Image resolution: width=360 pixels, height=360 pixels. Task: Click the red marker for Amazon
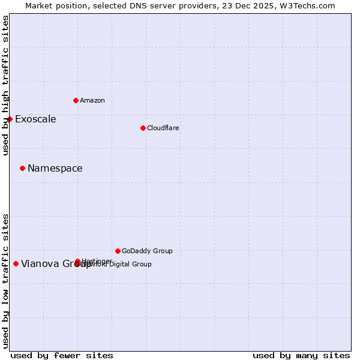click(x=76, y=100)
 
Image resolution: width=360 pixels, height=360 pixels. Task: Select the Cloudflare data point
click(x=143, y=128)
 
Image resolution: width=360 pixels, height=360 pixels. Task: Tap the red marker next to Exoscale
click(x=10, y=119)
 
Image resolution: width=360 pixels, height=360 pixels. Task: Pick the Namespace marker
click(x=22, y=168)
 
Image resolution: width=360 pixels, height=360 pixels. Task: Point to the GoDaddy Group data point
click(x=118, y=251)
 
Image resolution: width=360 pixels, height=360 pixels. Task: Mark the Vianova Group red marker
click(x=16, y=263)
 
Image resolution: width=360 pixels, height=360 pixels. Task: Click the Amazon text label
click(x=92, y=100)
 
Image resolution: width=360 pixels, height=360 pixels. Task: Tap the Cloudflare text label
click(x=163, y=128)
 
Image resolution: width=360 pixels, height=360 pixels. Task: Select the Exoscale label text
click(x=35, y=119)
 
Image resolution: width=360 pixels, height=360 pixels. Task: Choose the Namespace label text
click(x=55, y=168)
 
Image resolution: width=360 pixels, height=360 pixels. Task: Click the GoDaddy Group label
click(x=147, y=251)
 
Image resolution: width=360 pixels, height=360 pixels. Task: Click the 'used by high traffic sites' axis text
click(x=6, y=85)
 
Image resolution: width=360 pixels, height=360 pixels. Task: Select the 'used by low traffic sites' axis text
click(x=6, y=280)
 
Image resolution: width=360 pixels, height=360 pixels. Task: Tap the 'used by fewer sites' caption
click(x=62, y=355)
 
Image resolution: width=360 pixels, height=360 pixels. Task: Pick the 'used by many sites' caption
click(x=301, y=355)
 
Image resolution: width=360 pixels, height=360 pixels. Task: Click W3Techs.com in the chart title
click(x=310, y=5)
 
